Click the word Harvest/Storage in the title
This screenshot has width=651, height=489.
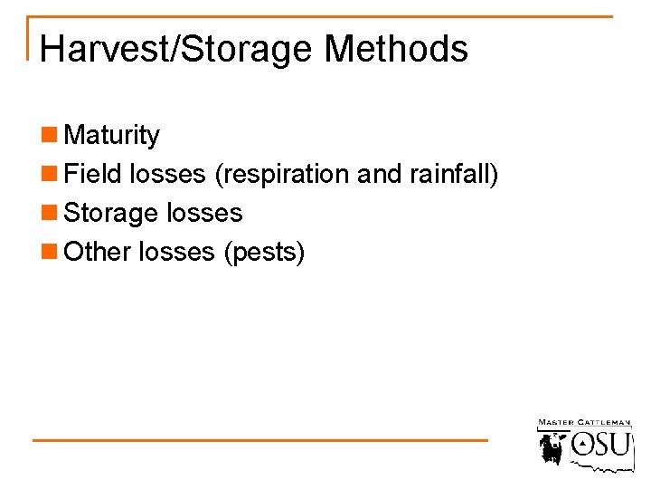pyautogui.click(x=177, y=49)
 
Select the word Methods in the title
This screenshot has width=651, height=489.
pyautogui.click(x=396, y=49)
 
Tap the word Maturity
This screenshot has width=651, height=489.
pyautogui.click(x=112, y=136)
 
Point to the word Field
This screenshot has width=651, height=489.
pyautogui.click(x=94, y=174)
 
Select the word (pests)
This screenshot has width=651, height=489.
pyautogui.click(x=264, y=253)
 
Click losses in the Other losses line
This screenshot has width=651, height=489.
pyautogui.click(x=177, y=252)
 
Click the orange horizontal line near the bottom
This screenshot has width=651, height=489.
pyautogui.click(x=260, y=440)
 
